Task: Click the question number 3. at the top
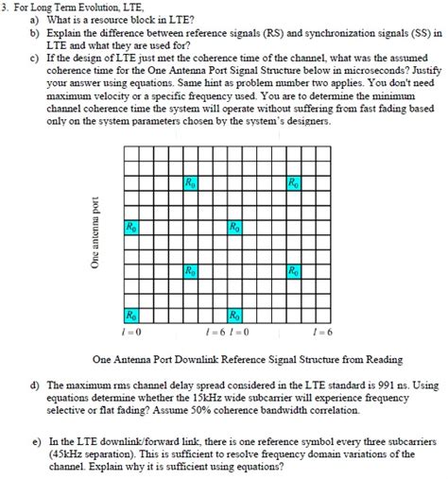(6, 8)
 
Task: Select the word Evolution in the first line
(93, 8)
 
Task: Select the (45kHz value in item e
(68, 453)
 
